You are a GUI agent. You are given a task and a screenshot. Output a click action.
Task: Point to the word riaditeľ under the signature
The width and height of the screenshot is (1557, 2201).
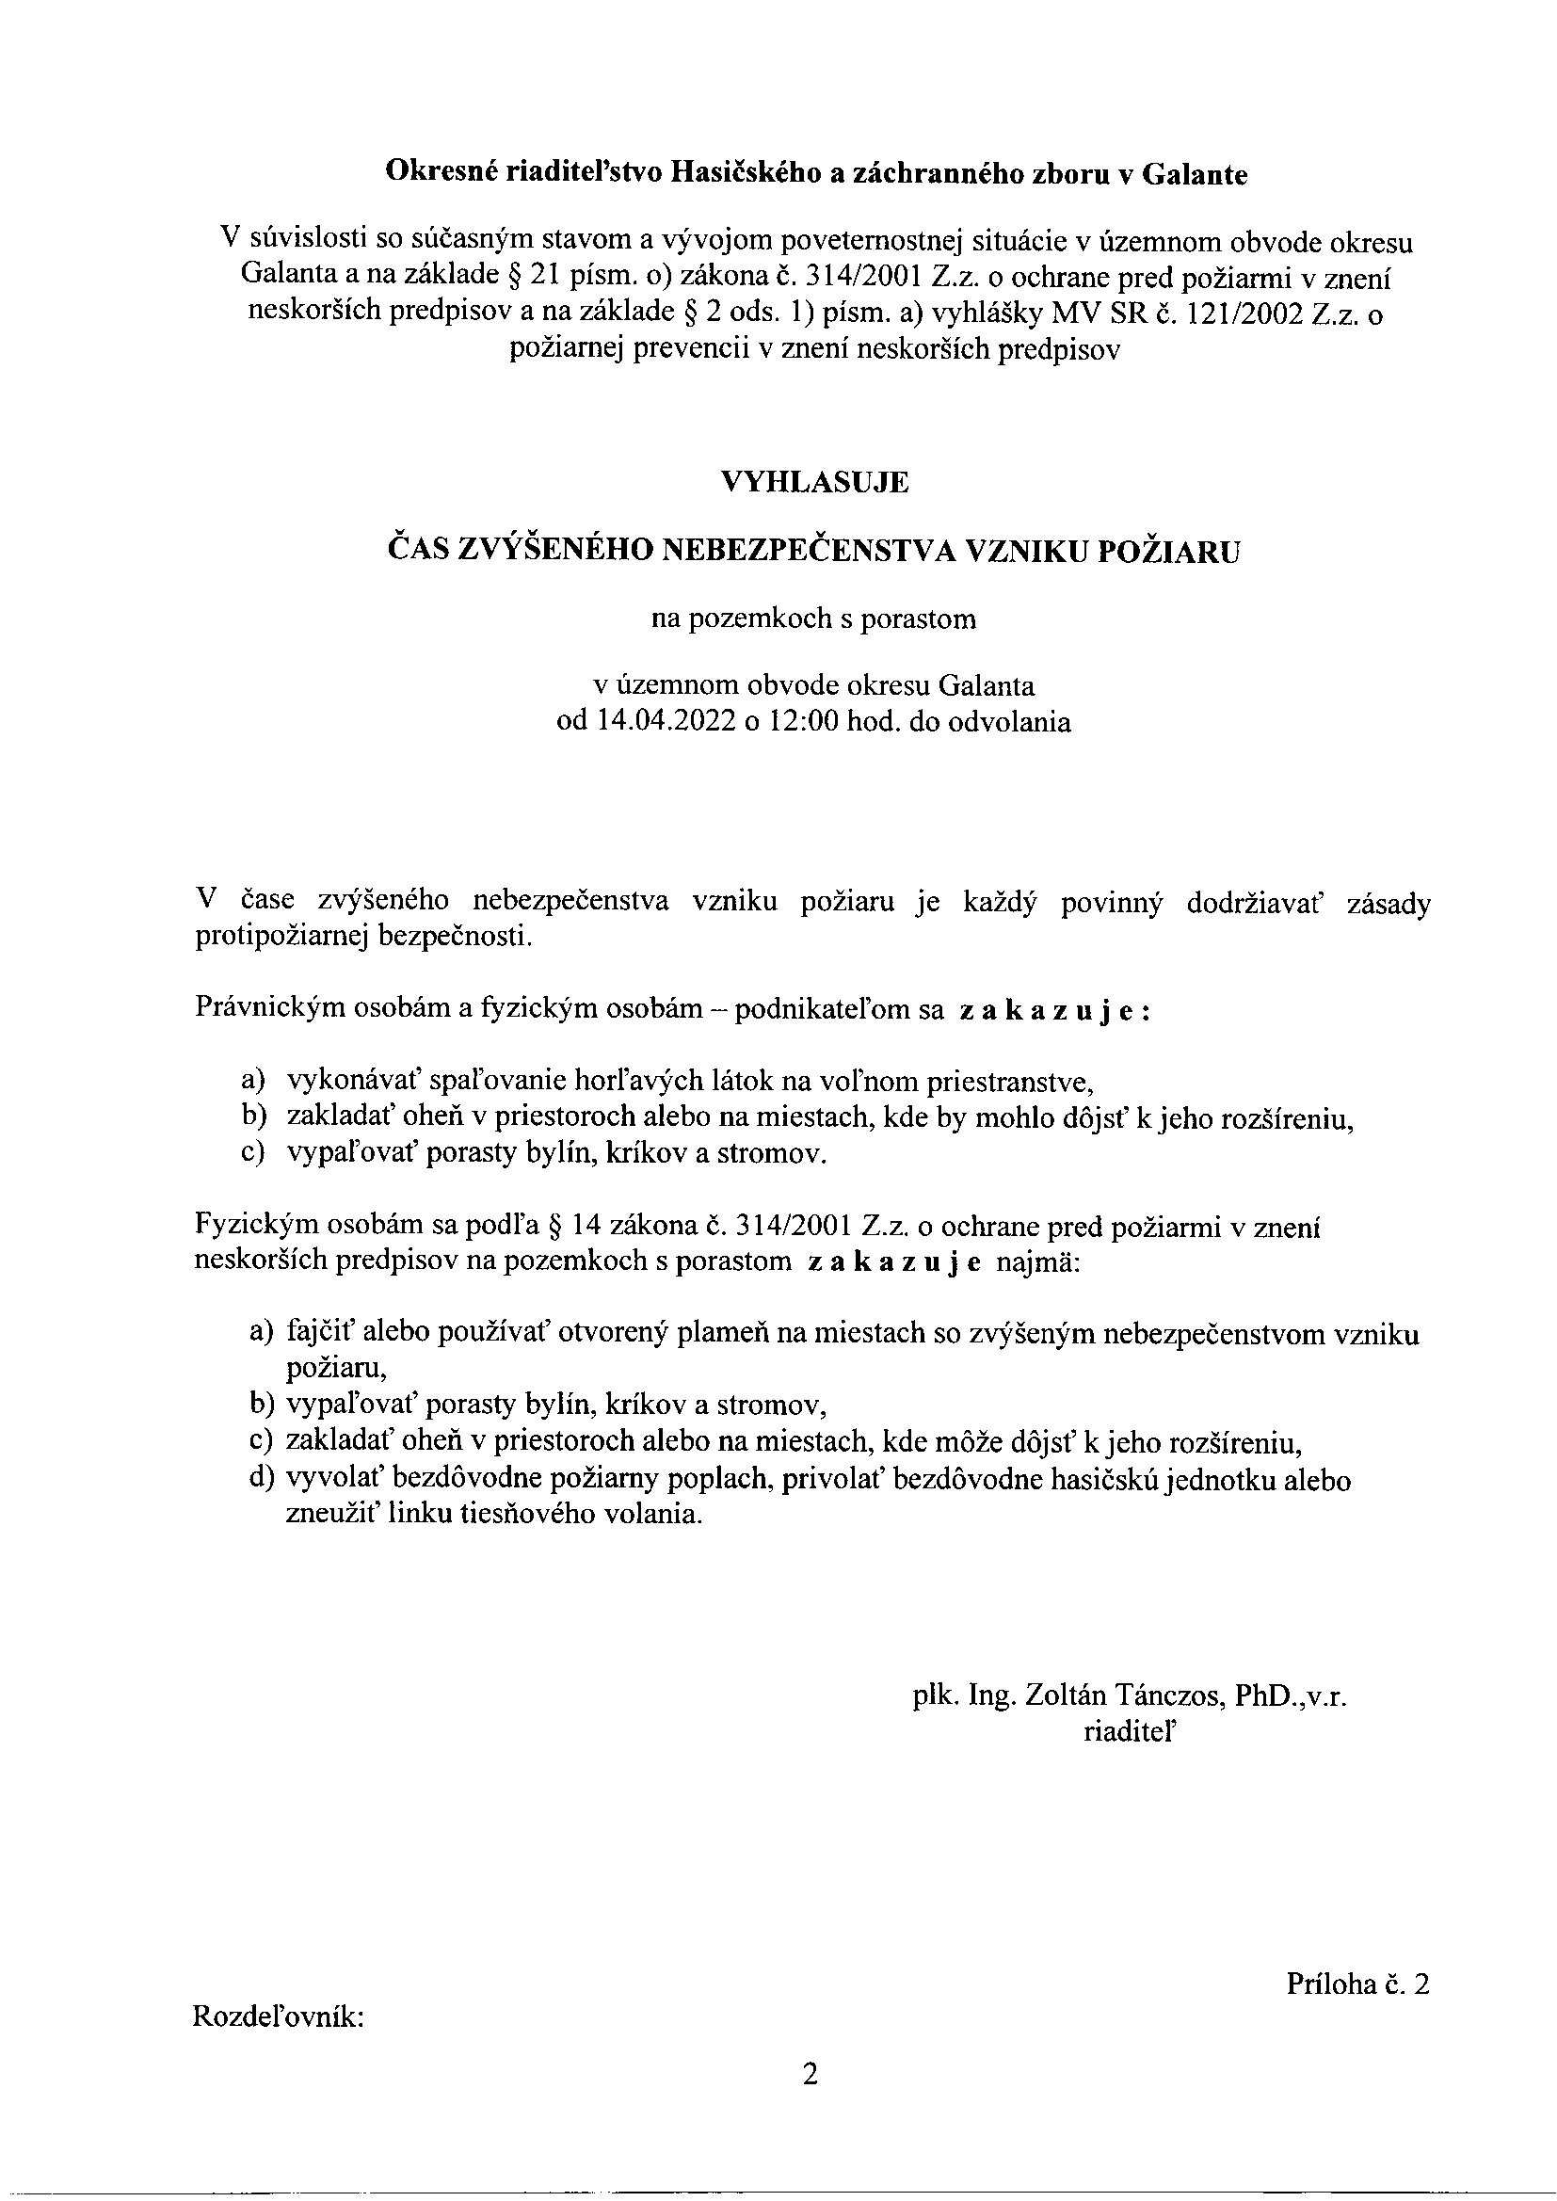(x=1131, y=1731)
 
